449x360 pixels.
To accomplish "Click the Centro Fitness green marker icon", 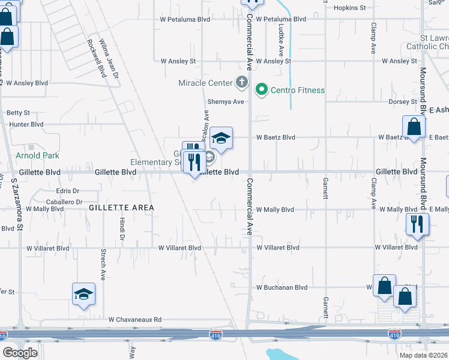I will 261,91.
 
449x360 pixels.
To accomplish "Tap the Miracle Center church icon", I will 241,82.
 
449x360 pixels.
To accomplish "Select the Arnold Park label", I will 37,155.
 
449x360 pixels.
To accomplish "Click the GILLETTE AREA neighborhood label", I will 121,208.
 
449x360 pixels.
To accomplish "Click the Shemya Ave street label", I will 226,102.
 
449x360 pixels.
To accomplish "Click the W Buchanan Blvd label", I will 282,287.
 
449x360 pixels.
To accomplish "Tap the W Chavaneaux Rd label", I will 135,320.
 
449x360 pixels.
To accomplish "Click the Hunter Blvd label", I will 26,124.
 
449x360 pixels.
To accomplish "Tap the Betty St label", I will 18,113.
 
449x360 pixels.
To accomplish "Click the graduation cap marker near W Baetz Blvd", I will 221,139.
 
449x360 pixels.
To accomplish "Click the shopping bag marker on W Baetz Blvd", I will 414,127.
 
